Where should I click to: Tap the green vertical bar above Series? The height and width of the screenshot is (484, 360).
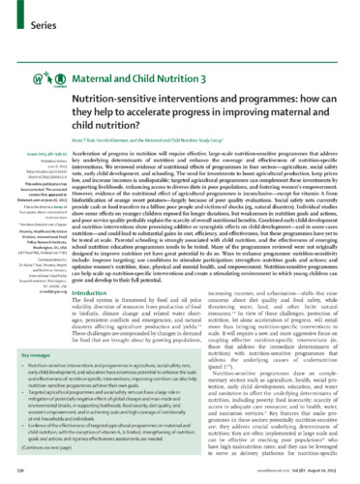pyautogui.click(x=20, y=9)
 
